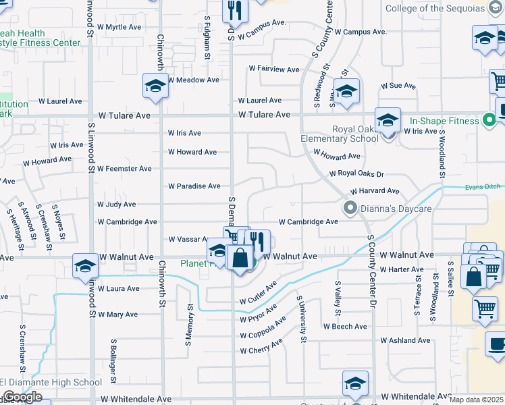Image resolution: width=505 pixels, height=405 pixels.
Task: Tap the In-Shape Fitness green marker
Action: pyautogui.click(x=491, y=122)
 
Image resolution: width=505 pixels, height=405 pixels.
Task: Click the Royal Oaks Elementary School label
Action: pyautogui.click(x=354, y=134)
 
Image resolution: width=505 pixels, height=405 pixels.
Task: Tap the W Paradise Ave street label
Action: pyautogui.click(x=194, y=186)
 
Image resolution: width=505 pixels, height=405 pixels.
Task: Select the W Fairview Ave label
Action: pyautogui.click(x=273, y=69)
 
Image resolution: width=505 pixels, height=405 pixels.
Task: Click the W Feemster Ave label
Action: pyautogui.click(x=124, y=168)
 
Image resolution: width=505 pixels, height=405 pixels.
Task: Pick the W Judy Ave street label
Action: pyautogui.click(x=117, y=204)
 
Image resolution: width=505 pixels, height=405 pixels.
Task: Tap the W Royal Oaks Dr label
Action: pyautogui.click(x=356, y=173)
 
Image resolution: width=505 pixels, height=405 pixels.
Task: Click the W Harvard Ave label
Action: pyautogui.click(x=375, y=192)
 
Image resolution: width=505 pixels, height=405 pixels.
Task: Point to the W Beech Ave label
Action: pyautogui.click(x=345, y=326)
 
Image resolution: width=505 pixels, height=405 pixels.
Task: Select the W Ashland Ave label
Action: pyautogui.click(x=405, y=340)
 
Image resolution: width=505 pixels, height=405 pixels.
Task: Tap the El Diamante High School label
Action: pyautogui.click(x=51, y=383)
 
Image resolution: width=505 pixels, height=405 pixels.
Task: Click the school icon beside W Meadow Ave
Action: pyautogui.click(x=155, y=86)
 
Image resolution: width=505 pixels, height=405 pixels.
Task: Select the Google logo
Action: pyautogui.click(x=22, y=397)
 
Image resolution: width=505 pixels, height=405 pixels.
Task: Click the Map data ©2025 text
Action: pyautogui.click(x=477, y=400)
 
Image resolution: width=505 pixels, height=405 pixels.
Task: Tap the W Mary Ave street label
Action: pyautogui.click(x=117, y=315)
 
